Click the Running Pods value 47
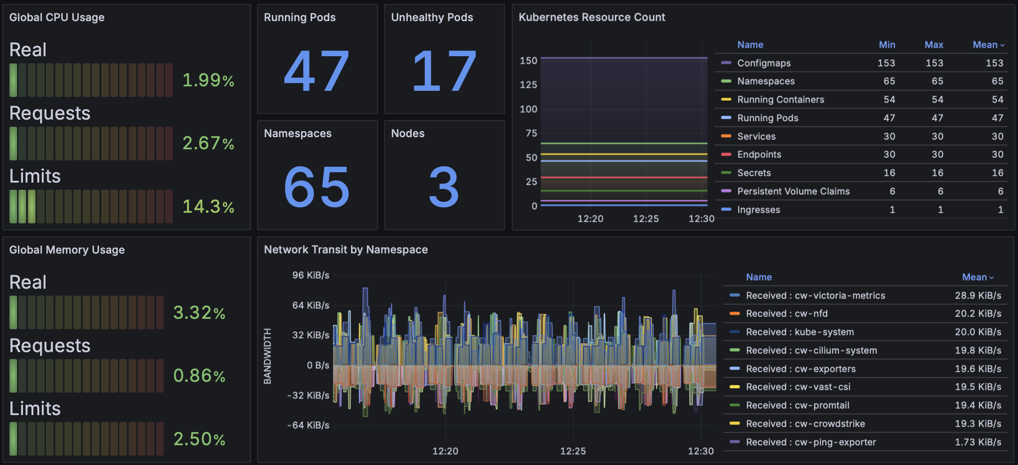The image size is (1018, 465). tap(316, 71)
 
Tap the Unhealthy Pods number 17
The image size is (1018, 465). tap(444, 71)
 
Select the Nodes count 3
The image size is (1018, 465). tap(444, 187)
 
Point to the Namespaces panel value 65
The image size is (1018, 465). tap(316, 187)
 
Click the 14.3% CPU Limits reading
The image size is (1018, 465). tap(208, 207)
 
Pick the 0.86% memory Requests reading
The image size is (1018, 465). tap(199, 376)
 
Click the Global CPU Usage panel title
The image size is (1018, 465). tap(57, 18)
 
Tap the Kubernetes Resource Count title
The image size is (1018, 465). tap(591, 18)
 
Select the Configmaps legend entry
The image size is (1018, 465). tap(764, 63)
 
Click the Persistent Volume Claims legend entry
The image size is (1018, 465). tap(793, 192)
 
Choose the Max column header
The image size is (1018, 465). tap(934, 45)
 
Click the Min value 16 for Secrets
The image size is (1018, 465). tap(889, 173)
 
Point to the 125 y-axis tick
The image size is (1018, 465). tap(528, 85)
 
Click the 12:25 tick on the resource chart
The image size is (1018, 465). tap(646, 219)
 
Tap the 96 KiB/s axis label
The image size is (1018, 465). tap(311, 275)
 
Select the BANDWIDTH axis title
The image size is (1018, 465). tap(267, 356)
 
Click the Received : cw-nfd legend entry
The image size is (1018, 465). tap(787, 313)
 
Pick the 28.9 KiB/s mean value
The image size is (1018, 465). tap(978, 295)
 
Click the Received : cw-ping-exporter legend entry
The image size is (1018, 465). tap(811, 442)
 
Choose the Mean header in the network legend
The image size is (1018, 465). tap(975, 277)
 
